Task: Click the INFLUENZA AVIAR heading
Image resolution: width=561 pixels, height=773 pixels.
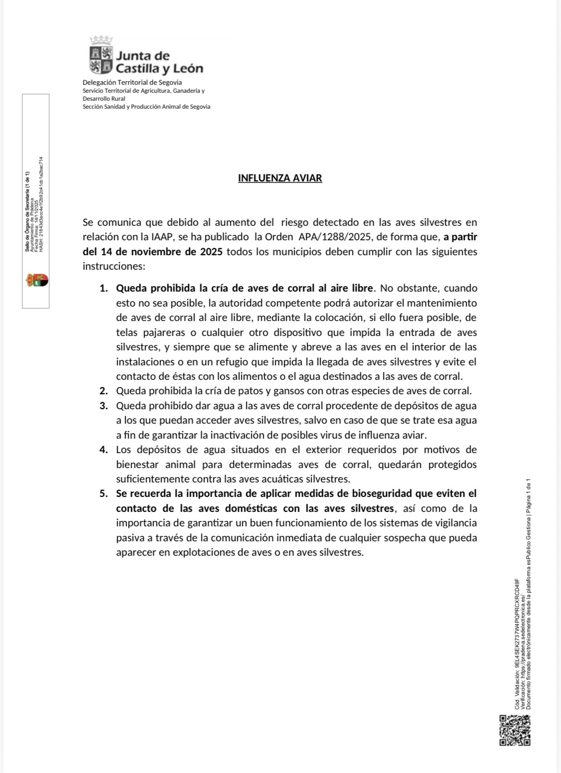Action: click(x=280, y=178)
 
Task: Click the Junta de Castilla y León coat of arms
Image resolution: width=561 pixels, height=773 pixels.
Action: click(x=101, y=55)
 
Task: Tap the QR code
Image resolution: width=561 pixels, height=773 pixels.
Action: click(x=515, y=731)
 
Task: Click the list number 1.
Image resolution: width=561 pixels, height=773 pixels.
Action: click(x=103, y=288)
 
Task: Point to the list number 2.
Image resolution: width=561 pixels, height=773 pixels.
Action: click(x=103, y=391)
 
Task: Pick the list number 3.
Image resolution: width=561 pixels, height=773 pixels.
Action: click(x=103, y=406)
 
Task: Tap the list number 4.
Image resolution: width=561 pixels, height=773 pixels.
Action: click(x=103, y=450)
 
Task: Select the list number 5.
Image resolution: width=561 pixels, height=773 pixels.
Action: click(x=103, y=493)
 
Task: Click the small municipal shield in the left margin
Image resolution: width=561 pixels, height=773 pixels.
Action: click(x=37, y=280)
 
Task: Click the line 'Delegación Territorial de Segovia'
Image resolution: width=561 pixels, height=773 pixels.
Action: click(x=132, y=82)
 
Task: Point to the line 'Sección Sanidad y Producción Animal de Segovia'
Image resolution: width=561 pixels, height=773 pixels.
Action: click(x=146, y=107)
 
